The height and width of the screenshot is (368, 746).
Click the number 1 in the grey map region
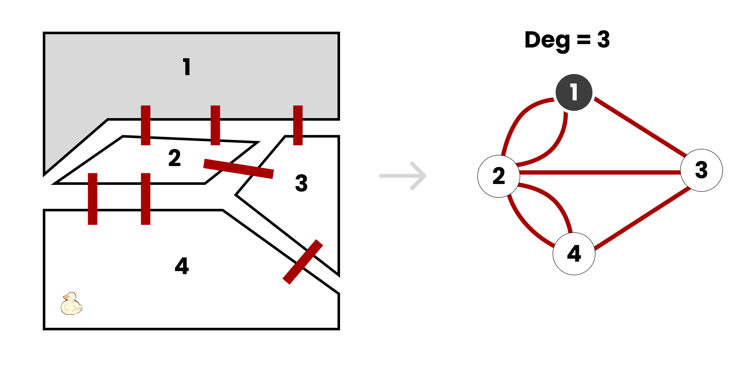186,67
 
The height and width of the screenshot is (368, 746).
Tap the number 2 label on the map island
175,158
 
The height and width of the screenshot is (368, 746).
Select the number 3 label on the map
301,183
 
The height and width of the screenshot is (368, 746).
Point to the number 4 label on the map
182,266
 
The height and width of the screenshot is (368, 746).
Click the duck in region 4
71,303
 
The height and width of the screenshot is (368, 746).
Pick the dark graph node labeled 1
574,92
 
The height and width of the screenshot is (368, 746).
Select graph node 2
498,176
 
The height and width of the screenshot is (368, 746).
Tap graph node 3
701,170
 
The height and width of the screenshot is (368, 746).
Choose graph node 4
574,254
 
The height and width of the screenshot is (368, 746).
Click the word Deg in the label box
547,40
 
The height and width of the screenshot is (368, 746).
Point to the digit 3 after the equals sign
603,39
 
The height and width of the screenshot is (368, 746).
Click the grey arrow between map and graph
403,175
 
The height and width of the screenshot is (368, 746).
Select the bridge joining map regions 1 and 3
298,125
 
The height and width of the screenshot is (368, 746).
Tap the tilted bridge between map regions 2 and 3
238,168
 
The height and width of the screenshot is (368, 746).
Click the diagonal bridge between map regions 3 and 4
303,262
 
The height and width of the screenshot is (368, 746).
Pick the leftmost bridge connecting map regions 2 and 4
92,199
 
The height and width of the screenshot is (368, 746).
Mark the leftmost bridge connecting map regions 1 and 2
145,125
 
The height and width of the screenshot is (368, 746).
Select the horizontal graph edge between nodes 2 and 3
599,172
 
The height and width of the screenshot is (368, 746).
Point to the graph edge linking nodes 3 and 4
642,219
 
